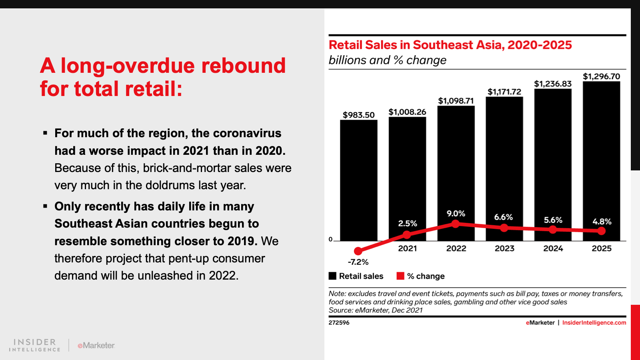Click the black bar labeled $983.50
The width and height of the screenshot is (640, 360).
pos(358,180)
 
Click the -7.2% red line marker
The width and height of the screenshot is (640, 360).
pos(358,251)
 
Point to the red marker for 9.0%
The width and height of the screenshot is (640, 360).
pos(455,224)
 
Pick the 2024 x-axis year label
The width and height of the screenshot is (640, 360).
pos(553,248)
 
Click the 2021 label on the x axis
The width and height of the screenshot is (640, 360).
pos(407,248)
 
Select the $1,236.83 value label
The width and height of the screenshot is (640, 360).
pos(553,84)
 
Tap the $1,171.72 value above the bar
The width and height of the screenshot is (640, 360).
pos(504,92)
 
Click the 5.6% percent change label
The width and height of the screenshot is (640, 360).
pos(553,220)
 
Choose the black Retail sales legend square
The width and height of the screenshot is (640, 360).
pos(332,276)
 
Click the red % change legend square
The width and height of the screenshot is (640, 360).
pos(400,276)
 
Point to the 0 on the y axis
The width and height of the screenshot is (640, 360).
pos(330,240)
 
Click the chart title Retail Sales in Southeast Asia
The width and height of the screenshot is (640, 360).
pos(450,45)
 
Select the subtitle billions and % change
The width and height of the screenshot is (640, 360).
pos(387,60)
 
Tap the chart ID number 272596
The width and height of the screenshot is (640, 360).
pos(339,322)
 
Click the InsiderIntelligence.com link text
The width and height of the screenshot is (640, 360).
pos(594,322)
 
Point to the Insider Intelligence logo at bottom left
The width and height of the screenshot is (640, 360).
pos(34,345)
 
